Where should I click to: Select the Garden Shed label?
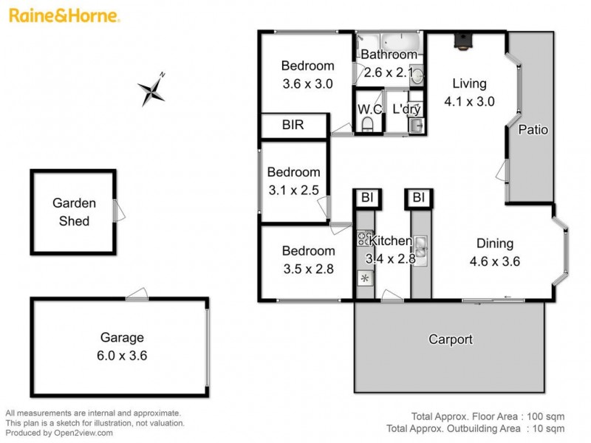tap(71, 212)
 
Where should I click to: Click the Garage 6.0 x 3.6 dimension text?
tap(122, 355)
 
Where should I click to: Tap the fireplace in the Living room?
tap(462, 41)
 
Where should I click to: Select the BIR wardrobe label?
tap(293, 126)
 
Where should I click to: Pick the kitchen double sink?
tap(420, 244)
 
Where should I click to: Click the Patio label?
tap(532, 130)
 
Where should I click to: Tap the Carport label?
tap(451, 340)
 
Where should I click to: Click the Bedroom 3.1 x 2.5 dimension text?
tap(294, 190)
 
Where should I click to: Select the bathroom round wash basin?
tap(417, 75)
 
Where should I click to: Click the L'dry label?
tap(406, 109)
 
